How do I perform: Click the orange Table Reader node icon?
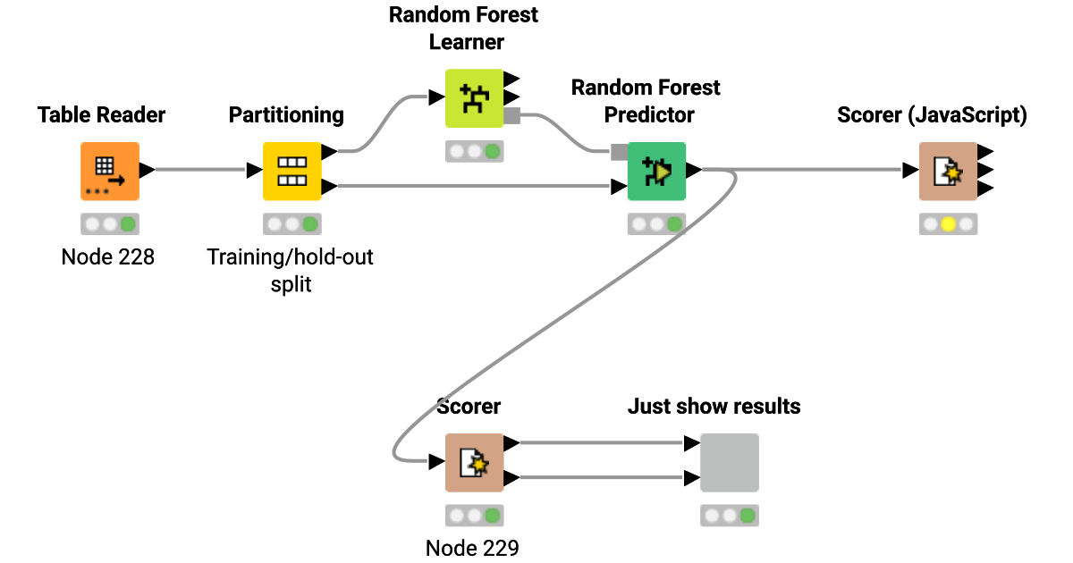[x=110, y=171]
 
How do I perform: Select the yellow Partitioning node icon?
[x=291, y=171]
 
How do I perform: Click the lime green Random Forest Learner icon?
[x=474, y=98]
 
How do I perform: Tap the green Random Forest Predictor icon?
[x=656, y=171]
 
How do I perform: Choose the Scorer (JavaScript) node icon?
[x=948, y=171]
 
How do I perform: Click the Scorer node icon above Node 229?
[x=474, y=462]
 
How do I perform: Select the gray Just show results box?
[x=729, y=462]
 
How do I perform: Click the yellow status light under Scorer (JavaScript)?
[x=948, y=224]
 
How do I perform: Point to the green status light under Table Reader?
[x=128, y=224]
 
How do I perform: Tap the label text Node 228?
[x=108, y=257]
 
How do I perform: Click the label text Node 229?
[x=472, y=548]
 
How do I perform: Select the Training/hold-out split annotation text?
[x=290, y=269]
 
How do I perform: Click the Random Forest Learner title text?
[x=465, y=28]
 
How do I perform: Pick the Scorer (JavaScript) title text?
[x=932, y=114]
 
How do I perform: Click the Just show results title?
[x=714, y=407]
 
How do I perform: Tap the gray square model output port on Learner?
[x=512, y=115]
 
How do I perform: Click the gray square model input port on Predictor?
[x=619, y=152]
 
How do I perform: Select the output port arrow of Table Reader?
[x=148, y=170]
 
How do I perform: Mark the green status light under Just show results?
[x=747, y=516]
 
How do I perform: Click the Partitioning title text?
[x=286, y=114]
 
